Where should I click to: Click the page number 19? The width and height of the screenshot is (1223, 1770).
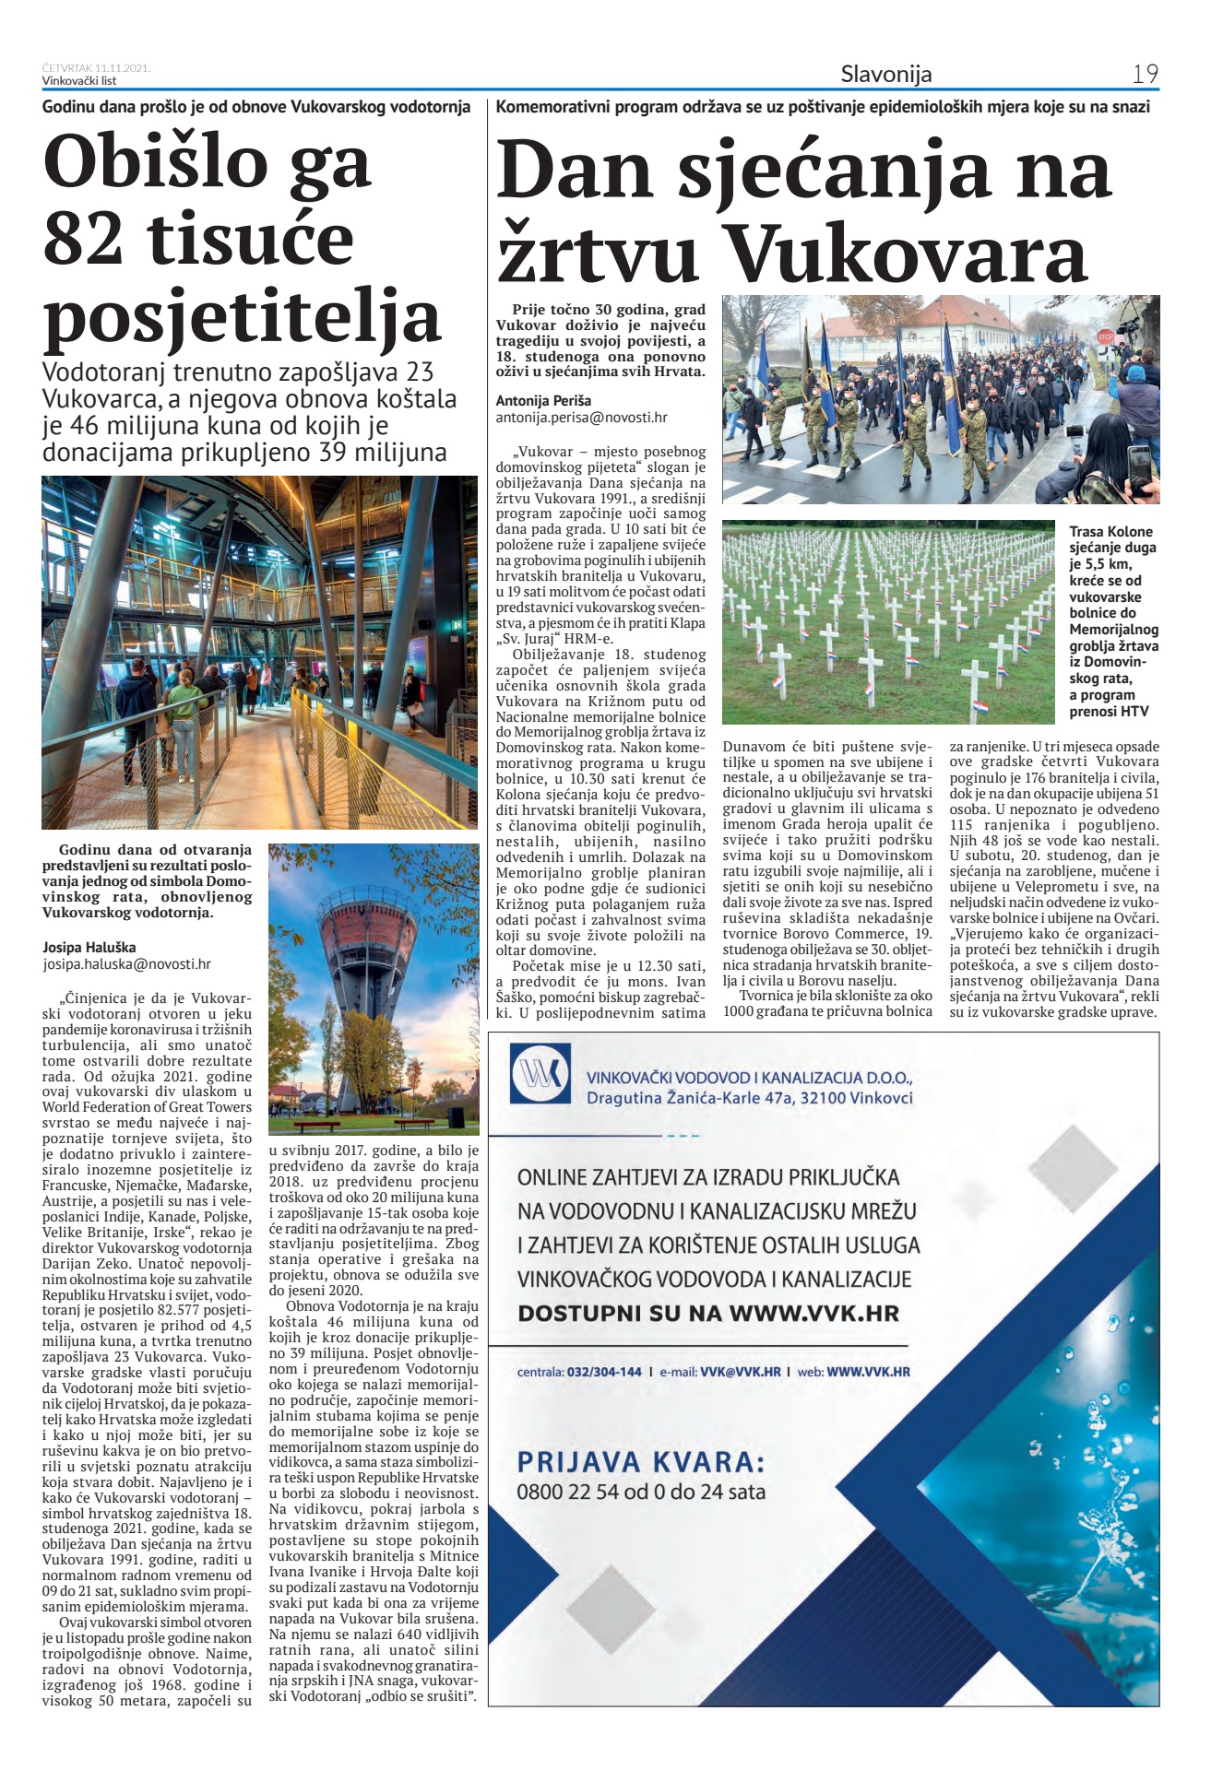(x=1145, y=74)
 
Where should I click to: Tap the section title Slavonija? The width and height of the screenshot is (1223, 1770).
(x=885, y=74)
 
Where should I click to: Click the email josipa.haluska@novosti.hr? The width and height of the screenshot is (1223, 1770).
(x=126, y=964)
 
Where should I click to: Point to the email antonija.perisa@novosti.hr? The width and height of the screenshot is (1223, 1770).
(x=581, y=418)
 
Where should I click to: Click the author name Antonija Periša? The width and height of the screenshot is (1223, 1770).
(x=543, y=401)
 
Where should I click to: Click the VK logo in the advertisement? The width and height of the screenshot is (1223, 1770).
(x=540, y=1075)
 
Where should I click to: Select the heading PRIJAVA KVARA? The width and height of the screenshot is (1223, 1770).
(x=641, y=1463)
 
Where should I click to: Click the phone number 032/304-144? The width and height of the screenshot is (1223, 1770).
(x=605, y=1372)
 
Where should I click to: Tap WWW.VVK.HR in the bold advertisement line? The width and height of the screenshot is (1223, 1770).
(x=813, y=1314)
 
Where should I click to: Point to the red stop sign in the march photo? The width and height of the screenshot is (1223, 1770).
(x=1106, y=337)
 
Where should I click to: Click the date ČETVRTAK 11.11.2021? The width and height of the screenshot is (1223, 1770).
(x=96, y=68)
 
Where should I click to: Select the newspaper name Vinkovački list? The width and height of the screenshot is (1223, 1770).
(x=79, y=81)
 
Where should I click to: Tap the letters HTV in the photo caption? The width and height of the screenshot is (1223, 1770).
(x=1134, y=712)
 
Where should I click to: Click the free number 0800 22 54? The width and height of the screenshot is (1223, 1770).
(x=567, y=1492)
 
